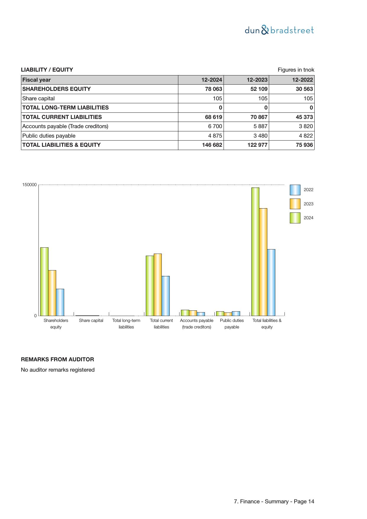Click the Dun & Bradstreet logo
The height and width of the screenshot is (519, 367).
(279, 30)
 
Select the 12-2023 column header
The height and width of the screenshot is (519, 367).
(257, 80)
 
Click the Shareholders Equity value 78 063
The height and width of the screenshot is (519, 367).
(214, 89)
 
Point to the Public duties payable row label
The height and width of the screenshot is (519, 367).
(49, 136)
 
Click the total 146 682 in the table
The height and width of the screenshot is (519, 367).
(212, 145)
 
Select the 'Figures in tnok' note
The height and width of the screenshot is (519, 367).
(296, 70)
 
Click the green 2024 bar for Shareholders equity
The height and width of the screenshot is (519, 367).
(44, 281)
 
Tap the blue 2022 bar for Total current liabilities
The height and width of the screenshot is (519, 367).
(166, 296)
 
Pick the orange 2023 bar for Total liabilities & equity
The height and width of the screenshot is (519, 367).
(263, 262)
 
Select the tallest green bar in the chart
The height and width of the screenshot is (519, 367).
(255, 252)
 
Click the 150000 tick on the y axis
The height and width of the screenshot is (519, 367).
(30, 185)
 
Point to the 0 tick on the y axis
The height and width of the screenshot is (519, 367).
(35, 316)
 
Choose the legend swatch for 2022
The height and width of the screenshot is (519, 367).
(295, 190)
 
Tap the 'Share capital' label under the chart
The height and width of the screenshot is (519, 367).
(91, 320)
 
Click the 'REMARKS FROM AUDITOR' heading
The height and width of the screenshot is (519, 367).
(57, 360)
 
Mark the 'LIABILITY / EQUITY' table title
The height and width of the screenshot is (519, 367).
(47, 70)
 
